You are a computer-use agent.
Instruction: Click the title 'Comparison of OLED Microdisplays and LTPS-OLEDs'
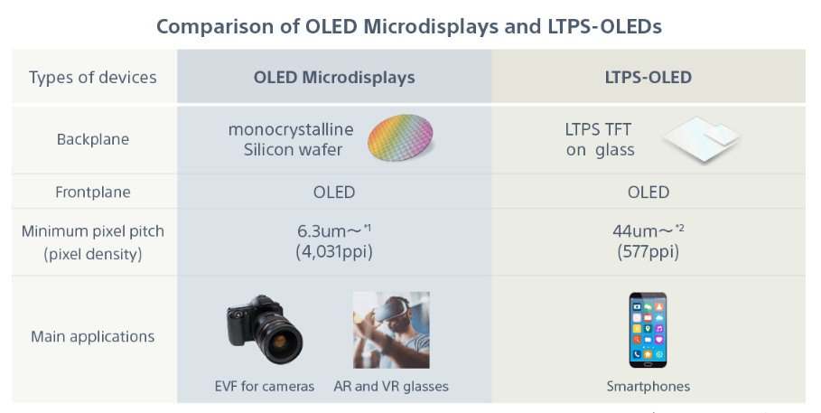[409, 26]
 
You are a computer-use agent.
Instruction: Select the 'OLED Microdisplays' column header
[334, 78]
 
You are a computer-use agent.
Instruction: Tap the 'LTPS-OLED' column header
[648, 78]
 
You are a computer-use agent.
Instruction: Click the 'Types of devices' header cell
[93, 78]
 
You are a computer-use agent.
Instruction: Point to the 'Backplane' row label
[93, 139]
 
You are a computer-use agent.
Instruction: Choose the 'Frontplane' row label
[93, 192]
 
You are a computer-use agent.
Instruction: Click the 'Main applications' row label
[93, 336]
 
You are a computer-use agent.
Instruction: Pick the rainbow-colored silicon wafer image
[400, 137]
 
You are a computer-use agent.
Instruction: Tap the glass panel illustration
[702, 139]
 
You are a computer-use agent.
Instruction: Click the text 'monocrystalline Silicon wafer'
[291, 139]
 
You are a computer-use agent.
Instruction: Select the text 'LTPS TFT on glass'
[600, 139]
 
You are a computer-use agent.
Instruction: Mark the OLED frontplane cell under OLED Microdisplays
[334, 192]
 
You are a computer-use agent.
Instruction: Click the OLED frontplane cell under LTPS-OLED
[648, 192]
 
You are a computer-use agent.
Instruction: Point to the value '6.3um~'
[330, 231]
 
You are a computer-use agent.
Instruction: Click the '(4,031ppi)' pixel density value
[334, 252]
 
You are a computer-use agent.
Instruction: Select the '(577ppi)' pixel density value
[648, 252]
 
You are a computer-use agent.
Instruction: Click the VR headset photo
[391, 330]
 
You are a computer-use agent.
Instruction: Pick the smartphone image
[648, 330]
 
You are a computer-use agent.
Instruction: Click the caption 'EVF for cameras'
[265, 387]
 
